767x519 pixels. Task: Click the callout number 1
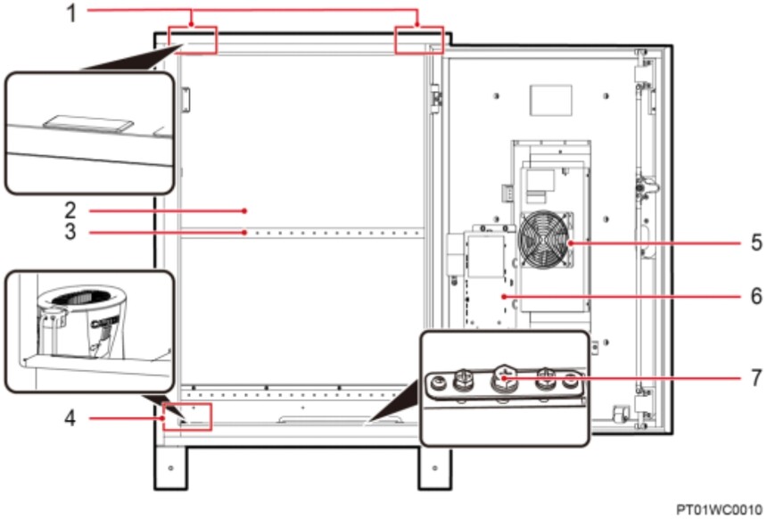click(71, 13)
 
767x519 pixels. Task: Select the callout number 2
click(70, 210)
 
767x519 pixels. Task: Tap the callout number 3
click(70, 232)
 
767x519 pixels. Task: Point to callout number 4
click(70, 418)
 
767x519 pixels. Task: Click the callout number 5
click(756, 243)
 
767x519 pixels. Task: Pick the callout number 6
click(756, 296)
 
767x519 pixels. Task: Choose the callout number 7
click(756, 377)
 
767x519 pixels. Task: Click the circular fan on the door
click(544, 240)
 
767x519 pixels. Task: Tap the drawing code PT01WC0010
click(719, 509)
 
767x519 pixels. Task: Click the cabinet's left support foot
click(170, 467)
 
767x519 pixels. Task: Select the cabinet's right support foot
click(435, 467)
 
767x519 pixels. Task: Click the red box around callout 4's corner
click(187, 416)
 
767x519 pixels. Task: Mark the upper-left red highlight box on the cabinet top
click(193, 40)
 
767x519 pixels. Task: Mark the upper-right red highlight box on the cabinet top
click(419, 40)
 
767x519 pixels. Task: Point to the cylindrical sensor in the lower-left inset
click(82, 318)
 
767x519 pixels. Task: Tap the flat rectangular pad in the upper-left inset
click(88, 123)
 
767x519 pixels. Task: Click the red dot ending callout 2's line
click(244, 210)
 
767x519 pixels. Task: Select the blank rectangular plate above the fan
click(551, 100)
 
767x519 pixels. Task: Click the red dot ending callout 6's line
click(504, 296)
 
